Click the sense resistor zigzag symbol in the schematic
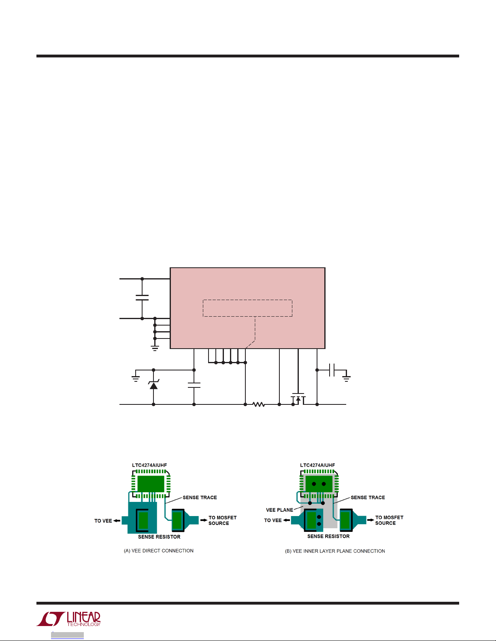pyautogui.click(x=258, y=404)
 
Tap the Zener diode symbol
pyautogui.click(x=153, y=385)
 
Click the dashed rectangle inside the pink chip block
pyautogui.click(x=247, y=308)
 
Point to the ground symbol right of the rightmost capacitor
pyautogui.click(x=346, y=378)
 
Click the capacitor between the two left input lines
pyautogui.click(x=142, y=298)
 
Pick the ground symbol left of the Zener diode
pyautogui.click(x=136, y=378)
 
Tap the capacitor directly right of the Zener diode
pyautogui.click(x=194, y=385)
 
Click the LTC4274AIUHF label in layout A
pyautogui.click(x=149, y=465)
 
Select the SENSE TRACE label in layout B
pyautogui.click(x=368, y=497)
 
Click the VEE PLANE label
pyautogui.click(x=279, y=510)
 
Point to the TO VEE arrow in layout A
pyautogui.click(x=117, y=520)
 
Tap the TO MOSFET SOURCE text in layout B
pyautogui.click(x=389, y=520)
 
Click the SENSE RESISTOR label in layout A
pyautogui.click(x=159, y=537)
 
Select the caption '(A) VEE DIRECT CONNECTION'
pyautogui.click(x=159, y=550)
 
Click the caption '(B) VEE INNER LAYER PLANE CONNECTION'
pyautogui.click(x=335, y=551)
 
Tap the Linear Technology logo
pyautogui.click(x=69, y=619)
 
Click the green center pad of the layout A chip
pyautogui.click(x=151, y=483)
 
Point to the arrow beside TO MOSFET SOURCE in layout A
pyautogui.click(x=204, y=520)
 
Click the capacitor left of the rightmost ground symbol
pyautogui.click(x=332, y=370)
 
